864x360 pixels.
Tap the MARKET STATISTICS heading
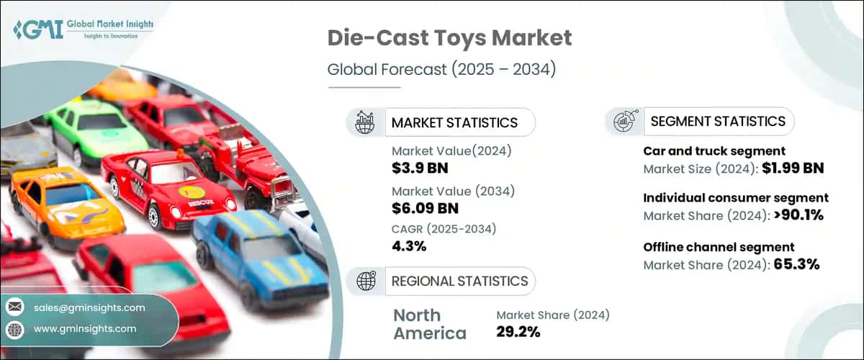[454, 122]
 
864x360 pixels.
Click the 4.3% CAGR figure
[409, 246]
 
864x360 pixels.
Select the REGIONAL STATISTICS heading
[459, 281]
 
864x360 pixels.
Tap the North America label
[430, 324]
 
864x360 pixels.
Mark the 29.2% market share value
[518, 331]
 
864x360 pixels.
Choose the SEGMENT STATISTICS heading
[718, 122]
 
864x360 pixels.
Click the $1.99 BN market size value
[791, 168]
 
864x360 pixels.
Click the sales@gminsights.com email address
[89, 307]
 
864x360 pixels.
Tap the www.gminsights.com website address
[84, 328]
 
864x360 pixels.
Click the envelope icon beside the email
[14, 307]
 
